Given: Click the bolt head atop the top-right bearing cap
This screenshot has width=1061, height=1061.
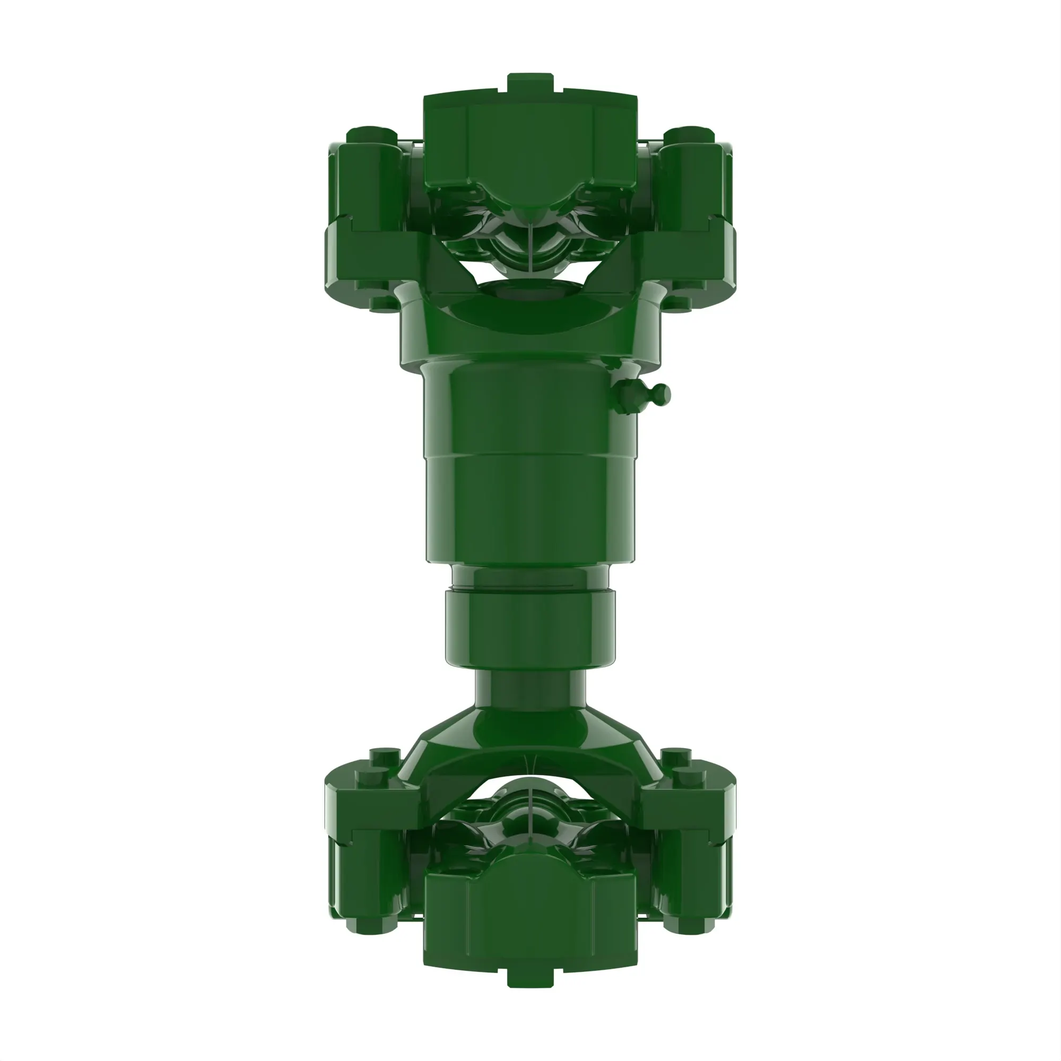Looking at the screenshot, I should click(689, 135).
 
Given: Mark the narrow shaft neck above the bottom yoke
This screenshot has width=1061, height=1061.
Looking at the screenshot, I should click(530, 689).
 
